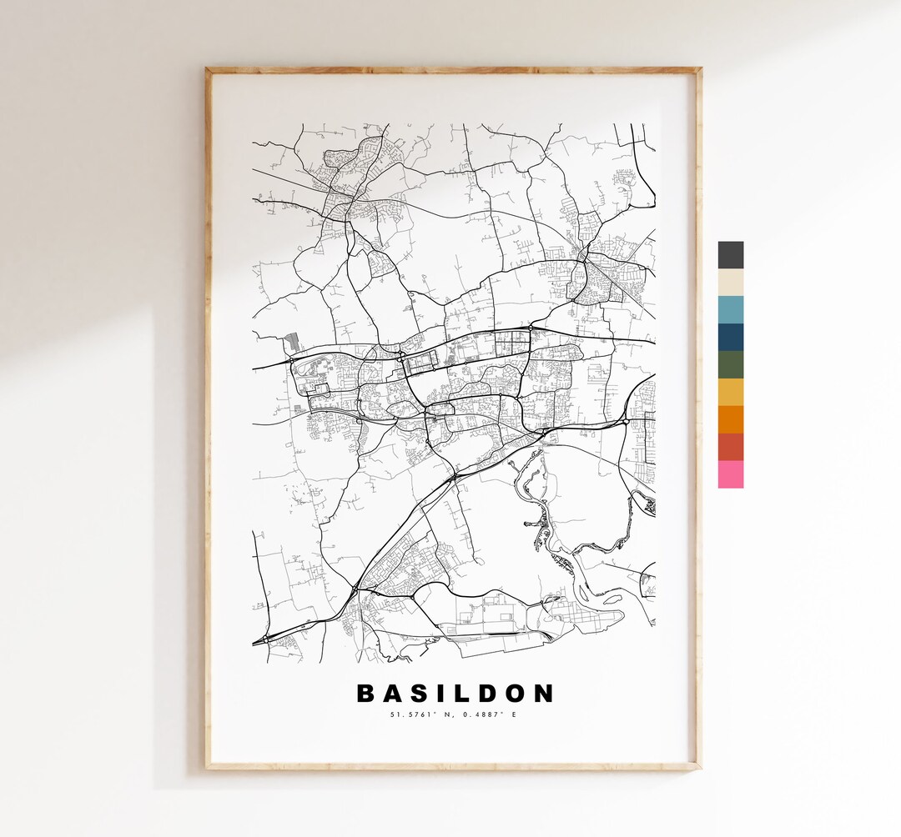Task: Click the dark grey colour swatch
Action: (730, 255)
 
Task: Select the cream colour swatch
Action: (730, 283)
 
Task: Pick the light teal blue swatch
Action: (730, 310)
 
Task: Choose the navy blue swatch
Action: (730, 338)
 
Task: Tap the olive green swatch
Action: (730, 365)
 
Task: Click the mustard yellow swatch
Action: (730, 392)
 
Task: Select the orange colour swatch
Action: (730, 419)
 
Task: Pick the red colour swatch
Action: (730, 447)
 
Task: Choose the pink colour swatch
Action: (730, 474)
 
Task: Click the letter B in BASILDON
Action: (365, 694)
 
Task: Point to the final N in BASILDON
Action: (543, 694)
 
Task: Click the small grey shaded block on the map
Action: (290, 342)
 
